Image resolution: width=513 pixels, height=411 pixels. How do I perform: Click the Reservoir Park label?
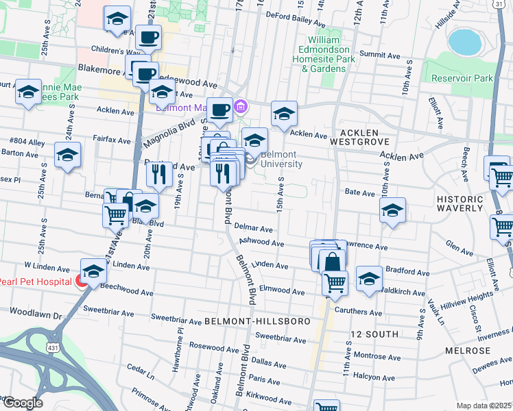pos(462,78)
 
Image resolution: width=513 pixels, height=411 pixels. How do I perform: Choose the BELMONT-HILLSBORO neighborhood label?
pos(257,321)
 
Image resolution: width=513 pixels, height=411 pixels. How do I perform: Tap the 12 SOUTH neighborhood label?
pos(374,334)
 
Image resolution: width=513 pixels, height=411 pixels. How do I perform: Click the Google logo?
pos(22,403)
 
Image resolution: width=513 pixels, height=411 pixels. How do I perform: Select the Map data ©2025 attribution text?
pos(483,406)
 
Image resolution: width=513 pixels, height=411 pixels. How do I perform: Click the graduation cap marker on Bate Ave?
pos(392,210)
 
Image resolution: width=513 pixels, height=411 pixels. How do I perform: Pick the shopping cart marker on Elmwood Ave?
pos(335,282)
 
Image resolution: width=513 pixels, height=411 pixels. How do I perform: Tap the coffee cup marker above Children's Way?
pos(148,37)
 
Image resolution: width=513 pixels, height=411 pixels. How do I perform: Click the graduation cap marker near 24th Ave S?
pos(67,155)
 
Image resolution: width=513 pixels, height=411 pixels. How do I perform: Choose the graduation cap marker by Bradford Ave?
pos(369,279)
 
